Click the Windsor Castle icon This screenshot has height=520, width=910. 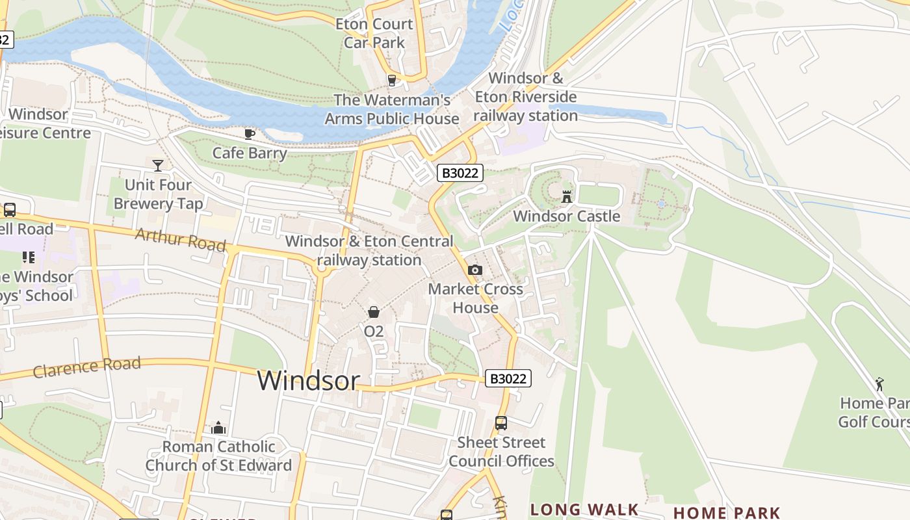tap(567, 196)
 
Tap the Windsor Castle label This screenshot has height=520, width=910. tap(567, 216)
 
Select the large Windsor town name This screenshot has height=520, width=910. tap(308, 381)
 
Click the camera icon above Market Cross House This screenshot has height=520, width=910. tap(475, 270)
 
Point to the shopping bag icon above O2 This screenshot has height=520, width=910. tap(374, 312)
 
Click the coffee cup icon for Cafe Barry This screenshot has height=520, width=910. tap(249, 134)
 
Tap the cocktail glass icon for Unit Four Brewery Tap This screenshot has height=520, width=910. tap(157, 165)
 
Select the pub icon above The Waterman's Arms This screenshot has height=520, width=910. tap(391, 81)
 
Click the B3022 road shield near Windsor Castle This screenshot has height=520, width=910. tap(460, 173)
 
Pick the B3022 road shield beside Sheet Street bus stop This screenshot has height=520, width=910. tap(508, 378)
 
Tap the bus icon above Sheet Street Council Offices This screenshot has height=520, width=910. tap(500, 423)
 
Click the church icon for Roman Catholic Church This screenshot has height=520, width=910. tap(218, 428)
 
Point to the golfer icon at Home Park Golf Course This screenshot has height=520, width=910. tap(879, 384)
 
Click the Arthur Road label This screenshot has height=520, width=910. tap(180, 240)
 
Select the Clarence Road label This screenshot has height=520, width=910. tap(86, 367)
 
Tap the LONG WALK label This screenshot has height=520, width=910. tap(584, 510)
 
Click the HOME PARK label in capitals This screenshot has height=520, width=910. tap(726, 513)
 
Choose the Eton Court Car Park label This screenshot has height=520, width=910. tap(374, 33)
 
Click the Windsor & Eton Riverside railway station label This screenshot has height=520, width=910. tap(525, 97)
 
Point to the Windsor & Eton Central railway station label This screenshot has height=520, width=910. tap(369, 250)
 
